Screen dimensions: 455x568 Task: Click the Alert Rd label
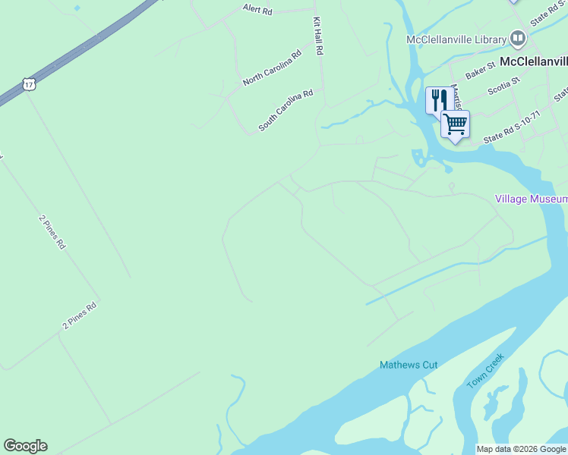tap(257, 9)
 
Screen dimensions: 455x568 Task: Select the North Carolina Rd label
tap(272, 67)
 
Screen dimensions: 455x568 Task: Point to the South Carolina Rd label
tap(286, 111)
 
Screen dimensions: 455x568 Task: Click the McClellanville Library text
tap(456, 39)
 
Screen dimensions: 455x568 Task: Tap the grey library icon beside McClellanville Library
tap(518, 38)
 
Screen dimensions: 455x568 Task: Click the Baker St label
tap(480, 71)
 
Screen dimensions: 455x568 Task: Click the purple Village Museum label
tap(531, 199)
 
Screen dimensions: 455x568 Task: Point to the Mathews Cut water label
tap(409, 365)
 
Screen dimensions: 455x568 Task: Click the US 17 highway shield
tap(29, 84)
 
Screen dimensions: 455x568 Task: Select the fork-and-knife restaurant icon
tap(439, 99)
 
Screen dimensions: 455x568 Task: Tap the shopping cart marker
tap(455, 123)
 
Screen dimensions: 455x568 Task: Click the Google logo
tap(25, 446)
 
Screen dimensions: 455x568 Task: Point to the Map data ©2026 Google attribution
tap(521, 449)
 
